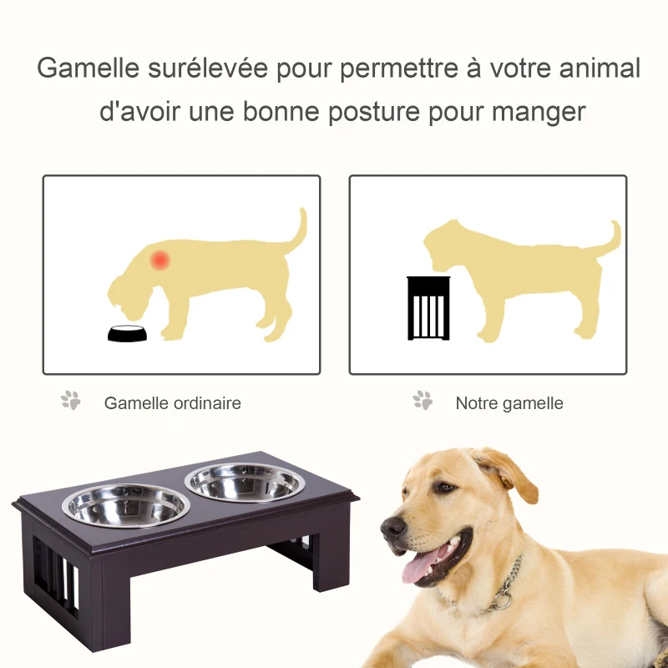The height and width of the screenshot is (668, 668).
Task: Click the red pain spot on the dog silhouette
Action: click(x=159, y=260)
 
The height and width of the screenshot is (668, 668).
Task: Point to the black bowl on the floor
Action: click(x=129, y=333)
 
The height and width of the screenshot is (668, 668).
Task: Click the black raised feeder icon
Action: click(x=428, y=308)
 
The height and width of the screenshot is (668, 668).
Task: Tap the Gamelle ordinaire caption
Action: click(x=172, y=403)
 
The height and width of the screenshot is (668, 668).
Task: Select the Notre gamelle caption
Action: click(x=509, y=403)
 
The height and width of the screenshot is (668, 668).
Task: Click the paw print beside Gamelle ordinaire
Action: click(x=71, y=401)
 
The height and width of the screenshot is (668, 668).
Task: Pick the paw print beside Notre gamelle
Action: click(x=423, y=401)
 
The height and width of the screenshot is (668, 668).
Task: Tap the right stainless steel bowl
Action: click(x=245, y=482)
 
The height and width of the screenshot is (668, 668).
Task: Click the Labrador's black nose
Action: click(x=393, y=526)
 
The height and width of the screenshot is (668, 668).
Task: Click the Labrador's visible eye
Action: click(x=447, y=488)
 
